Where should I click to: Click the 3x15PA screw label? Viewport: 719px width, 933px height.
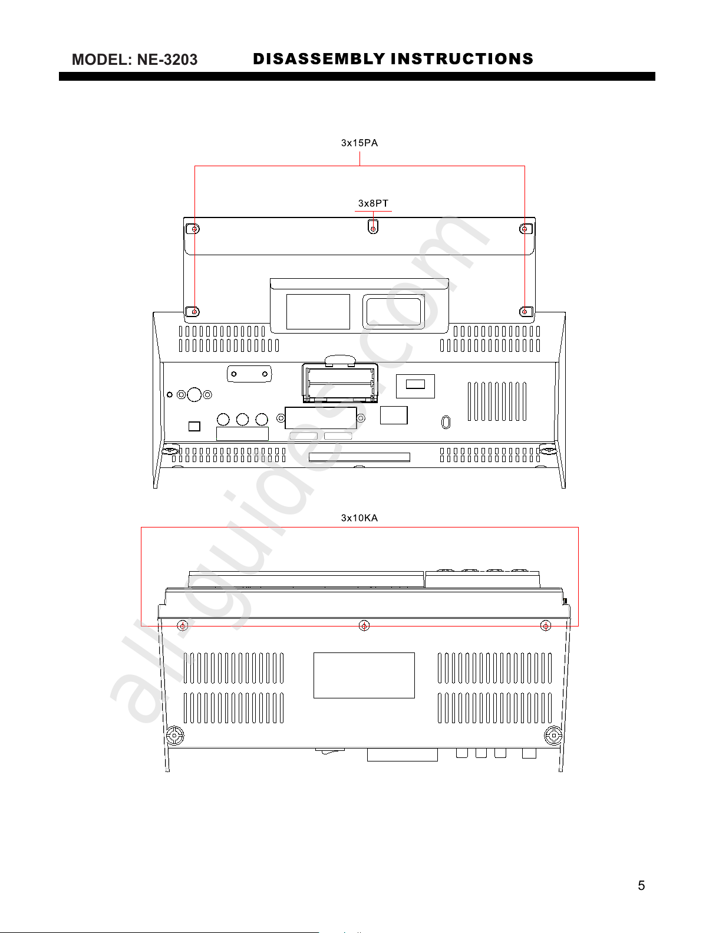pos(359,143)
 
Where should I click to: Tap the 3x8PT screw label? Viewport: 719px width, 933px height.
pos(373,203)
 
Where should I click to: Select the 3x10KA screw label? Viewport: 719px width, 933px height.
pos(359,518)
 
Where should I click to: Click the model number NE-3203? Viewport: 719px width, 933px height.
pos(167,60)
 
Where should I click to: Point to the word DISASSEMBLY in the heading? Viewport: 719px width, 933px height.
pos(319,59)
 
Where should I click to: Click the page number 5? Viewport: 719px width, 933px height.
pos(641,885)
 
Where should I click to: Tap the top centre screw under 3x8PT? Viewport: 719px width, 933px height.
pos(373,229)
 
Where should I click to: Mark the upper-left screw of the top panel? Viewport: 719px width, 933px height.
pos(194,229)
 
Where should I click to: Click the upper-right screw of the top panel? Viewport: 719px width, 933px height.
pos(525,229)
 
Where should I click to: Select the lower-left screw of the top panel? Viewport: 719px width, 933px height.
pos(194,311)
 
